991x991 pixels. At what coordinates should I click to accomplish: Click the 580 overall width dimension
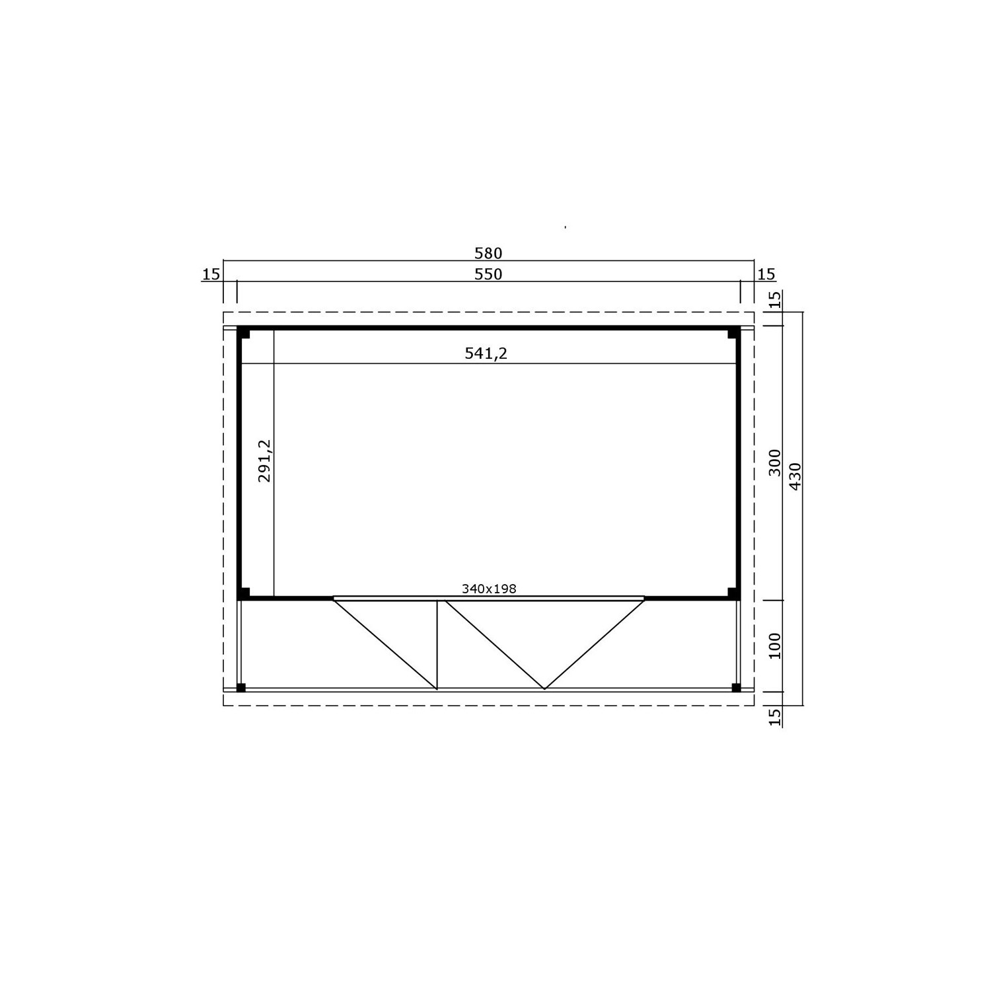[x=488, y=253]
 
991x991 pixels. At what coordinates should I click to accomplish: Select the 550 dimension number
[x=488, y=274]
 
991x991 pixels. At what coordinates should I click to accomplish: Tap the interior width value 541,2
[x=486, y=354]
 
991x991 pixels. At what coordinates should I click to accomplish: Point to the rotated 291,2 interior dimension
[x=265, y=461]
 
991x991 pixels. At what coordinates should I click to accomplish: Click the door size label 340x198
[x=489, y=589]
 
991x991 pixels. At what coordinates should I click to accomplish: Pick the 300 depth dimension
[x=776, y=462]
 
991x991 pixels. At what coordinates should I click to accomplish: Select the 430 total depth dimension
[x=795, y=476]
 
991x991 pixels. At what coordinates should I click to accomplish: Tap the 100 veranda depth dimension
[x=776, y=645]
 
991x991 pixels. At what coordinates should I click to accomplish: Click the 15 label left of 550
[x=211, y=274]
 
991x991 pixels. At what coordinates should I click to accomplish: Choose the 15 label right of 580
[x=767, y=274]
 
